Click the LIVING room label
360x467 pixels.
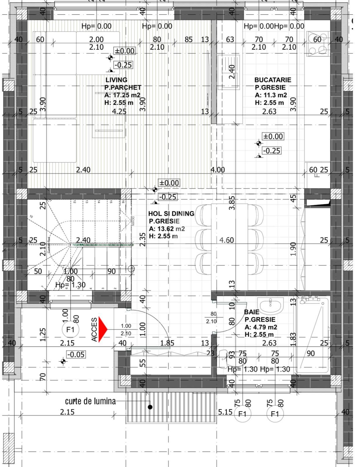[x=116, y=80]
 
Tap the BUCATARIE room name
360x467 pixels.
[x=272, y=80]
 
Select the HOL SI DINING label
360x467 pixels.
[x=171, y=213]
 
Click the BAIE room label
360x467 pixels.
[x=251, y=312]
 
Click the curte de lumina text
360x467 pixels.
[x=90, y=401]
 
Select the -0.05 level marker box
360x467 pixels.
[x=76, y=354]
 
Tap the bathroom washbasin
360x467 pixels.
[x=271, y=305]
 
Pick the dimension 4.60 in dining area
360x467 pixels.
[x=226, y=240]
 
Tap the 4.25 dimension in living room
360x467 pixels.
[x=119, y=111]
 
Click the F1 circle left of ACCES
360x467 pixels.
[x=70, y=330]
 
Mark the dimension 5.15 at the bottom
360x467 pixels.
[x=225, y=412]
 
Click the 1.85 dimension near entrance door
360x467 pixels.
[x=167, y=343]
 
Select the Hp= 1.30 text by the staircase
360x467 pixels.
[x=70, y=285]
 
